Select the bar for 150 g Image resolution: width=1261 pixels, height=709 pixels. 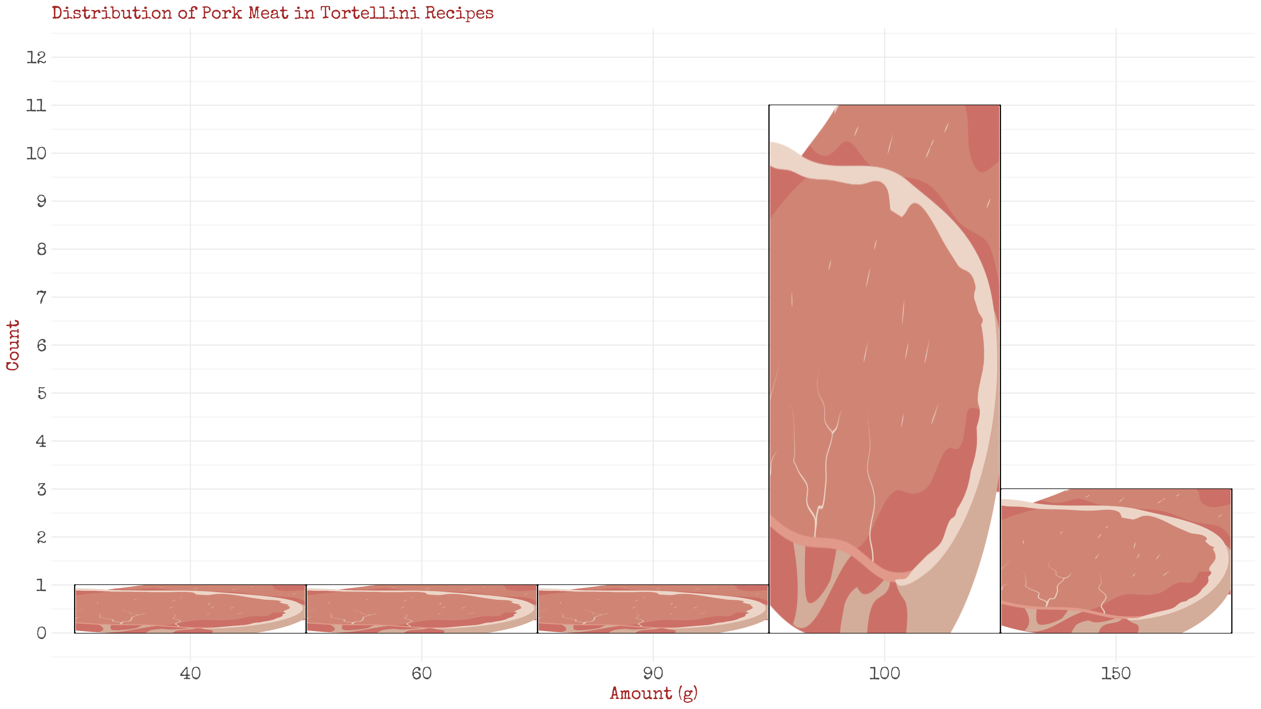point(1116,560)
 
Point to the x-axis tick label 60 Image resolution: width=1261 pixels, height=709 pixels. point(421,673)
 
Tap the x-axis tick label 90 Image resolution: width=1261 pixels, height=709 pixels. point(653,673)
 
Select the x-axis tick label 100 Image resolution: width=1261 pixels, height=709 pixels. point(884,673)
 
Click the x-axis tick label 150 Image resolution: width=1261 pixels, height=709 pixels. point(1116,673)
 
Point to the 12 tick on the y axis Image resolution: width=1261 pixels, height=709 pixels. point(36,57)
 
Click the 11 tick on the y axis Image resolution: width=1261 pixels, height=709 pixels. point(36,105)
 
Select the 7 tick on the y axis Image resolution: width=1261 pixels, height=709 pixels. point(41,297)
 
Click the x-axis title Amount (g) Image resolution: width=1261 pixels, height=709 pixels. point(653,693)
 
